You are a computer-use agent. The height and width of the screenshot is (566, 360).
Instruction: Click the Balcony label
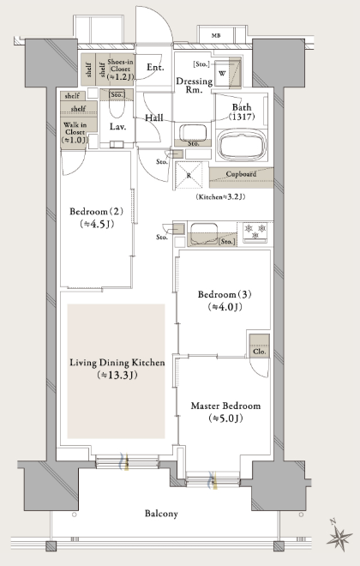point(161,514)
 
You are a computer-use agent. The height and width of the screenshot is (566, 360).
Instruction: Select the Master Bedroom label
point(225,406)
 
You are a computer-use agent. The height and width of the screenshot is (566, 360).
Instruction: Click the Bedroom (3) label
point(225,294)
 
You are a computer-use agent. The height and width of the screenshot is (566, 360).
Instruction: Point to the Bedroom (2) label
point(96,212)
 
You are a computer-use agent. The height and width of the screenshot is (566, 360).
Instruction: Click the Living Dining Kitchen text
point(117,363)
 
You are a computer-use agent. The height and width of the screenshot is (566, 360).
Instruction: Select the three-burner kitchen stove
point(255,232)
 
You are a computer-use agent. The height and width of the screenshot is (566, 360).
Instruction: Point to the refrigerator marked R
point(189,175)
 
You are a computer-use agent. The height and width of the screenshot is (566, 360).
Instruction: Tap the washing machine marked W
point(223,74)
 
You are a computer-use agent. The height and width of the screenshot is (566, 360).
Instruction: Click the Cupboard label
point(242,174)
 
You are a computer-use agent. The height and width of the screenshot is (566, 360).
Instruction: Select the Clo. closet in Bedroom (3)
point(260,346)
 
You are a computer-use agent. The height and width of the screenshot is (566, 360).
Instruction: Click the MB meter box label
point(216,35)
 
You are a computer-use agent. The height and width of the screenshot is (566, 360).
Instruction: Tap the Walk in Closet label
point(75,132)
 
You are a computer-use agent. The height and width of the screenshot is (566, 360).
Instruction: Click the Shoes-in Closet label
point(121,69)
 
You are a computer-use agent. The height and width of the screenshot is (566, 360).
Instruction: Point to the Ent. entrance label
point(155,67)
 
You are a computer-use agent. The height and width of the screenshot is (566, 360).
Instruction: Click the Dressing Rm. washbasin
point(193,132)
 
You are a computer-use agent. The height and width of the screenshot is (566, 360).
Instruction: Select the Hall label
point(154,117)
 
